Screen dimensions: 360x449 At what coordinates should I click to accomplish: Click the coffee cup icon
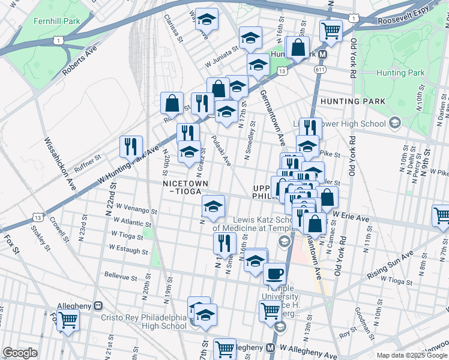point(275,274)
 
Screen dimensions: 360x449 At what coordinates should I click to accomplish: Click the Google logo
point(20,353)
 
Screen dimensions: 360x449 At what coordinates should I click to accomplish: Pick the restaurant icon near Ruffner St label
point(130,146)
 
